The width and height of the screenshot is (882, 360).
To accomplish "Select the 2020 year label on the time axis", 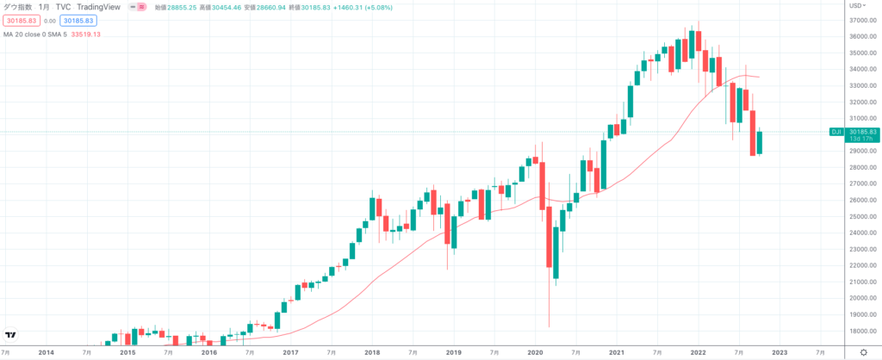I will pyautogui.click(x=535, y=351).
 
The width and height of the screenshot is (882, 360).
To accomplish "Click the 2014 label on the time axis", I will pyautogui.click(x=46, y=351).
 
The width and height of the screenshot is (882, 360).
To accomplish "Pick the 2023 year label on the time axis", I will pyautogui.click(x=779, y=351).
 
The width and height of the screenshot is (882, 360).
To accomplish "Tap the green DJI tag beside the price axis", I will pyautogui.click(x=835, y=131).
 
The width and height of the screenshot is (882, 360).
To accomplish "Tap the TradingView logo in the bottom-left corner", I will pyautogui.click(x=11, y=334).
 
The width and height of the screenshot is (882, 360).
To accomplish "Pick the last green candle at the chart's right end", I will pyautogui.click(x=760, y=142).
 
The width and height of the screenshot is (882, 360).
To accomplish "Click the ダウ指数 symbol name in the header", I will pyautogui.click(x=18, y=6).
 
